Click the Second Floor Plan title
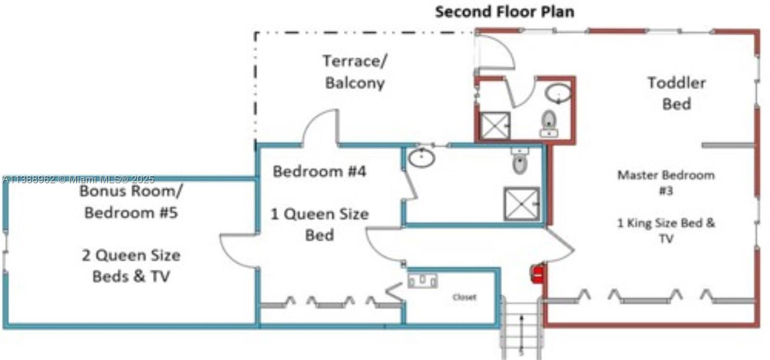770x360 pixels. [504, 12]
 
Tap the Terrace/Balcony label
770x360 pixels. [355, 72]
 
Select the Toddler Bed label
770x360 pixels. [676, 93]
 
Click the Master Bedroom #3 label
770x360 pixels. [666, 182]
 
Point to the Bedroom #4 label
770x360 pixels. [320, 171]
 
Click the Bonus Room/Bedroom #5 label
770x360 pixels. [131, 202]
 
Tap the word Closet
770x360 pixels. [464, 297]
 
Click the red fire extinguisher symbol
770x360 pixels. [537, 274]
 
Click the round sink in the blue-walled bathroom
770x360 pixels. [422, 157]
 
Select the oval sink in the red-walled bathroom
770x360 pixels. [558, 92]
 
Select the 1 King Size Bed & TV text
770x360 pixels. [666, 231]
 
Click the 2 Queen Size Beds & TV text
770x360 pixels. [131, 266]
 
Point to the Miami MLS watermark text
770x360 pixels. [78, 180]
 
